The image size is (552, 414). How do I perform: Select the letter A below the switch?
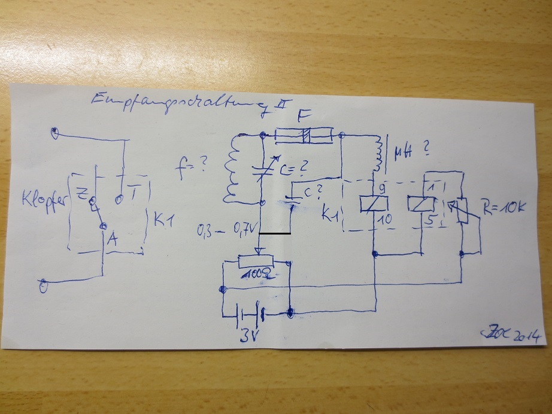[x=111, y=240]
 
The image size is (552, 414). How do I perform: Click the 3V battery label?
[x=248, y=335]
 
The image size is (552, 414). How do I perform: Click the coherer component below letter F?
[x=304, y=136]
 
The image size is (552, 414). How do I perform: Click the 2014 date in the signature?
[x=527, y=336]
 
